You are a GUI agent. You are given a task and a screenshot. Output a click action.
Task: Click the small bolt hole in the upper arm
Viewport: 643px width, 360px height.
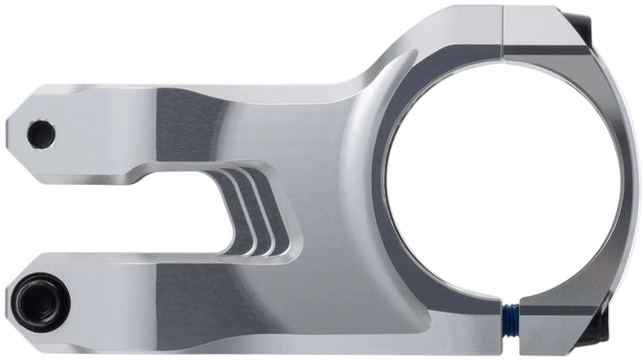(40, 135)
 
